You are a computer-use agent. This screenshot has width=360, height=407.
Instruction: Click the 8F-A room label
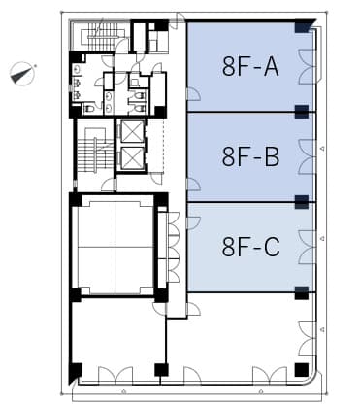[250, 66]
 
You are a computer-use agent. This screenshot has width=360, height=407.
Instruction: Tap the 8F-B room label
[250, 156]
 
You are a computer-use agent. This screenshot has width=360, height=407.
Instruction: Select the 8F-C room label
[250, 247]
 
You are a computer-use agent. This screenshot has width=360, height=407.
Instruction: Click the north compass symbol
[22, 74]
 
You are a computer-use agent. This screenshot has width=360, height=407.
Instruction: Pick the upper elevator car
[132, 131]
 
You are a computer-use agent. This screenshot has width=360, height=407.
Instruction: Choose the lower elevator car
[132, 158]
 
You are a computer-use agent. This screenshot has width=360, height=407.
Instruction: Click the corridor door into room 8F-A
[193, 94]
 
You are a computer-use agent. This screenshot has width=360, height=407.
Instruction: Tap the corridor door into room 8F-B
[193, 185]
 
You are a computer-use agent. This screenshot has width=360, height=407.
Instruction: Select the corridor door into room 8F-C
[193, 222]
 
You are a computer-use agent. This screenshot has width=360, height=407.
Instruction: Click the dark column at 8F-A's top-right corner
[302, 26]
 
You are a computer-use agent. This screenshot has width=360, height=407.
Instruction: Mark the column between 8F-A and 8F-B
[302, 112]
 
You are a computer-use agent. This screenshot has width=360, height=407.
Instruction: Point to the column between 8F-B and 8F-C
[302, 202]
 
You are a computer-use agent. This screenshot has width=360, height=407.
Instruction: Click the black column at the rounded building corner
[302, 370]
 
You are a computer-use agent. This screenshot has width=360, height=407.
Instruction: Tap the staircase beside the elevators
[95, 153]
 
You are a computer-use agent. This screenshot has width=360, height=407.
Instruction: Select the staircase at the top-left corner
[102, 36]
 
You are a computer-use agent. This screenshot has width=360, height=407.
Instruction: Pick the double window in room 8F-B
[307, 157]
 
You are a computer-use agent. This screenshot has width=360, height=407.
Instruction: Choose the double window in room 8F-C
[307, 248]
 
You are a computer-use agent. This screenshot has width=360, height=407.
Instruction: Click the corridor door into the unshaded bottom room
[193, 309]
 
